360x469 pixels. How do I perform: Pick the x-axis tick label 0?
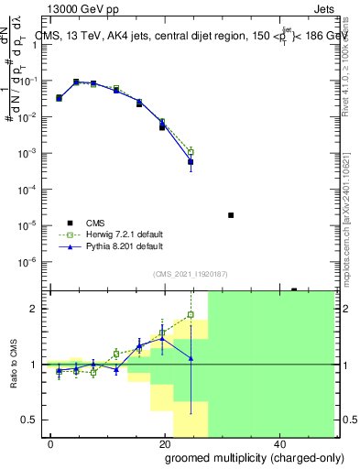point(49,442)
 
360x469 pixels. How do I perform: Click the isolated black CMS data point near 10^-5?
point(231,215)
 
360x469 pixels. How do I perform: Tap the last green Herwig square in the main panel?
point(191,152)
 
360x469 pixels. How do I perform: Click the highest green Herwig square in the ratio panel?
point(191,315)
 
